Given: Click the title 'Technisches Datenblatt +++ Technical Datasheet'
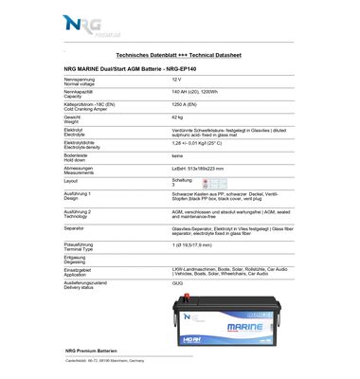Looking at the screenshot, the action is (x=181, y=56).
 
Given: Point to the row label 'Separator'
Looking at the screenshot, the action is (x=75, y=228).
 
